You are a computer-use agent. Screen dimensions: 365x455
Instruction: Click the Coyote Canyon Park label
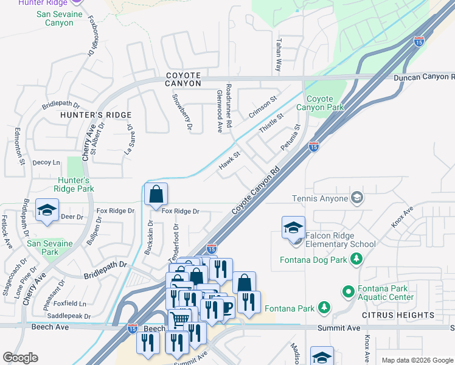point(319,103)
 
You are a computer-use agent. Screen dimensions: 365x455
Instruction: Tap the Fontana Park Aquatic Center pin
point(348,292)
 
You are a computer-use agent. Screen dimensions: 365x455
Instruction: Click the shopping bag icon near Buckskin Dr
point(156,195)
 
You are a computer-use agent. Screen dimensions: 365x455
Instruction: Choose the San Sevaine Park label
point(50,248)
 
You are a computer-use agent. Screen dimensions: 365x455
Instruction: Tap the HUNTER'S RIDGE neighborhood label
point(96,115)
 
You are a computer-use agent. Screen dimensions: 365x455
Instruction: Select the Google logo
point(21,358)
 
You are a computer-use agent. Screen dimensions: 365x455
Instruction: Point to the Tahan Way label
point(278,56)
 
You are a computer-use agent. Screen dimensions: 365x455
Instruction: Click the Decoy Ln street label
point(47,162)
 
